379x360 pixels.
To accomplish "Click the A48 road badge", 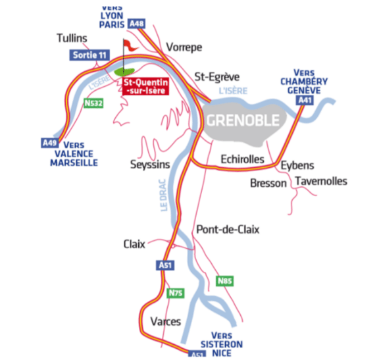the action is [x=137, y=24].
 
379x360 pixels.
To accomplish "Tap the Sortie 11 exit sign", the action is [x=89, y=55].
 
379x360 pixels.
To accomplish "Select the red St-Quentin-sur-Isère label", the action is [x=146, y=86].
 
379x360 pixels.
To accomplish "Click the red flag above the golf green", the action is [x=130, y=45].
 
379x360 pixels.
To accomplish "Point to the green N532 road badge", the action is [x=93, y=103].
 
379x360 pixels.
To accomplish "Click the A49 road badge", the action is [x=50, y=143].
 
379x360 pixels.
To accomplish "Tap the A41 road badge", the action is [x=305, y=100].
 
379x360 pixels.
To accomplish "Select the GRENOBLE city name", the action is [x=243, y=120].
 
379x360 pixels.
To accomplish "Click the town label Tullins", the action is [x=72, y=38].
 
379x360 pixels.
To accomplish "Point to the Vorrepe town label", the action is [x=184, y=47].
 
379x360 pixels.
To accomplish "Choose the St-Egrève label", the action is [x=217, y=77].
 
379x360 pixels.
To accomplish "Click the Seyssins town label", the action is [x=150, y=165].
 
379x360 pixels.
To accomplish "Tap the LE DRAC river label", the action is [x=164, y=195].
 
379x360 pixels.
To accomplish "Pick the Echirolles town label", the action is [x=242, y=159].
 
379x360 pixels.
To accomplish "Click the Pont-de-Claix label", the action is [x=228, y=230].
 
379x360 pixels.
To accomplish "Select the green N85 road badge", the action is [x=225, y=281].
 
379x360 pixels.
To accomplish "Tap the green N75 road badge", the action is [x=176, y=293].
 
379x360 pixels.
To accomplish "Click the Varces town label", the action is [x=166, y=322].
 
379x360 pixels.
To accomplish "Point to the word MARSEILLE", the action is [x=74, y=163].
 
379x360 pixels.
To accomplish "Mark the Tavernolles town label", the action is [x=321, y=181].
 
